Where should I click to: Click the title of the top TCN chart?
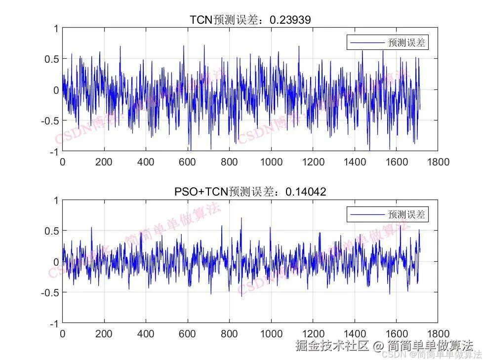point(250,19)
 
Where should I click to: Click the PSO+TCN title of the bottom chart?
point(250,192)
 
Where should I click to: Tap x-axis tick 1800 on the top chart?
point(438,161)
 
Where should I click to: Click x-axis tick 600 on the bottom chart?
point(188,333)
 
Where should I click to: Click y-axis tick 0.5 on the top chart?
point(52,59)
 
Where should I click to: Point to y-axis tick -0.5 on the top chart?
point(50,121)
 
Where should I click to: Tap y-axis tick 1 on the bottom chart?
point(55,201)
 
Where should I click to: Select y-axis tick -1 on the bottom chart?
point(54,323)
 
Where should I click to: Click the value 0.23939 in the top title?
point(292,19)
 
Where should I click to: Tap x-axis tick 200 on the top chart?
point(104,161)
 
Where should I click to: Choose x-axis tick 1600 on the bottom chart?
point(397,333)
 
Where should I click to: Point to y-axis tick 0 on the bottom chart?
point(55,262)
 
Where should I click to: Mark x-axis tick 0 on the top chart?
point(63,161)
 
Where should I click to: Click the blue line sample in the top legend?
point(367,43)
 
